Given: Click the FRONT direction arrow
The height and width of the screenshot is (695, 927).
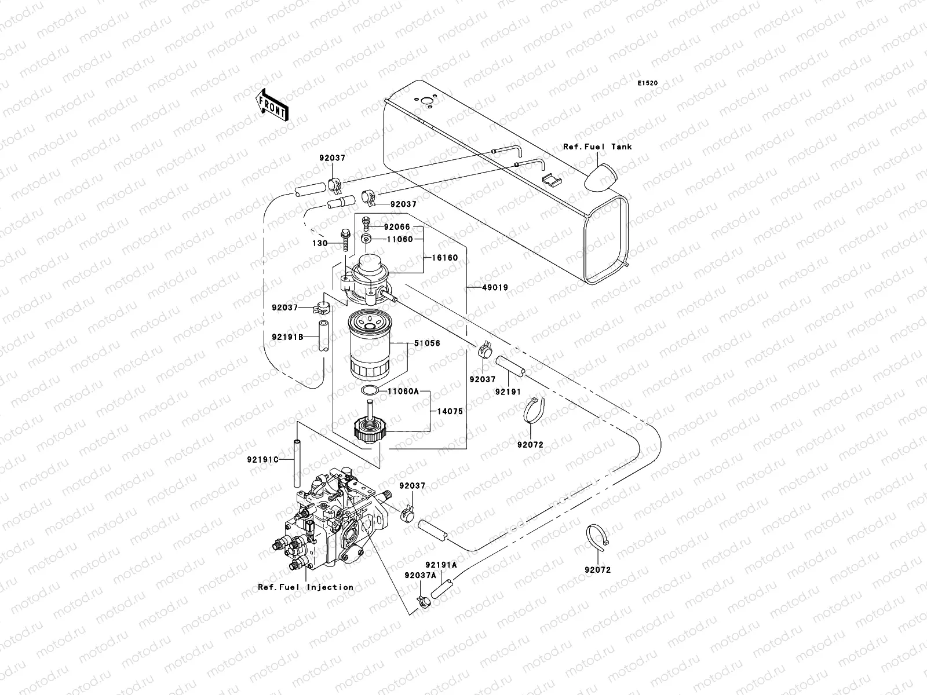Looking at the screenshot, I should coord(272,105).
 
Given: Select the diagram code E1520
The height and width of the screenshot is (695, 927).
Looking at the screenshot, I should coord(648,83).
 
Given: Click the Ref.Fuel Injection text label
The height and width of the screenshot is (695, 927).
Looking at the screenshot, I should coord(305,587).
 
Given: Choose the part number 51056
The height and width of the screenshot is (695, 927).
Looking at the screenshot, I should coord(427,343).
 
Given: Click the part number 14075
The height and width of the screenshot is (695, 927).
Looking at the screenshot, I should coord(450,412).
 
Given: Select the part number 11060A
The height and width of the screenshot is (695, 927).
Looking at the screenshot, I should coord(403,391).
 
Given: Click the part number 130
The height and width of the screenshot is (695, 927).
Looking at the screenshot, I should coord(320,243).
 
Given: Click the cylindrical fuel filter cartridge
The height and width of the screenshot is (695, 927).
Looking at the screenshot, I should coord(372,345).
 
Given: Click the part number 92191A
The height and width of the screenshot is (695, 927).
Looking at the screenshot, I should coord(441,565).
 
